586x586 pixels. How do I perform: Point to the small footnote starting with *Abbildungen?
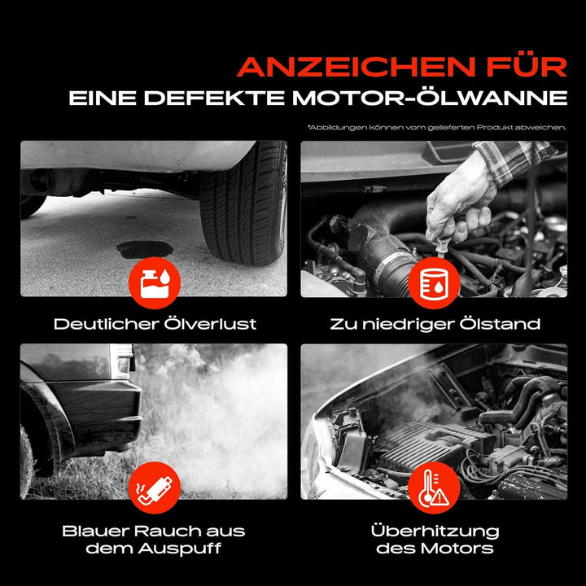[x=437, y=128]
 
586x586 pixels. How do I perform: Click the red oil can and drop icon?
[x=155, y=283]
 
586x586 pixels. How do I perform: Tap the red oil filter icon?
[x=434, y=283]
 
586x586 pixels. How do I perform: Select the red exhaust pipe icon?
[x=155, y=488]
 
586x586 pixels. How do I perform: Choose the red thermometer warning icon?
[x=434, y=488]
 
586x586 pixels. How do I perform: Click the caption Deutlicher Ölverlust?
[x=155, y=324]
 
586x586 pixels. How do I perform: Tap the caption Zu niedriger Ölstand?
[x=435, y=324]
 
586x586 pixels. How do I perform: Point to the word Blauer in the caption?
[x=95, y=531]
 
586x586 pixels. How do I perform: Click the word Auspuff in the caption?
[x=180, y=549]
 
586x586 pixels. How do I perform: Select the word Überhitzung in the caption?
[x=435, y=531]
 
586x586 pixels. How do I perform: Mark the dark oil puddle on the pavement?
[x=145, y=249]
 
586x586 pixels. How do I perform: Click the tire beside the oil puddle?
[x=243, y=203]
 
